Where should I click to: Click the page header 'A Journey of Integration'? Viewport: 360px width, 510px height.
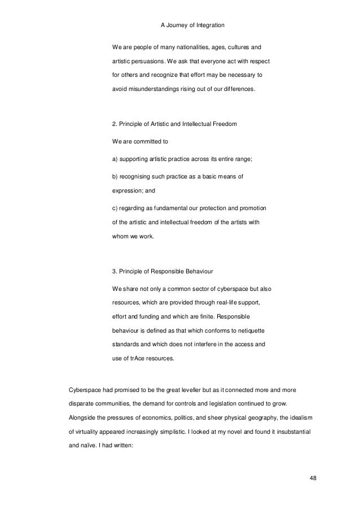click(179, 24)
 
